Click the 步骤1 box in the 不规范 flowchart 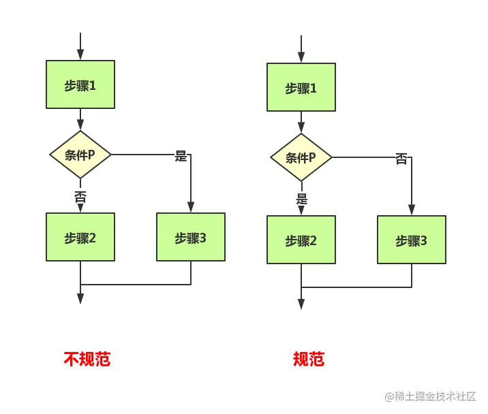coord(80,84)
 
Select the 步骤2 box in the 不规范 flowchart coord(80,237)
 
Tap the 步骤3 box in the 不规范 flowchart coord(191,237)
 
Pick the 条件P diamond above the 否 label coord(80,155)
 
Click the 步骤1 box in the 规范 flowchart coord(301,87)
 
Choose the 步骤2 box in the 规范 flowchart coord(301,240)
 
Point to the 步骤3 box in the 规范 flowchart coord(412,240)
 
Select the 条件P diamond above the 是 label coord(301,157)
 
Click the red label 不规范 coord(87,359)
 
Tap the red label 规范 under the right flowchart coord(308,359)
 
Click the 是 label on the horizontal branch coord(181,156)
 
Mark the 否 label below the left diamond coord(80,197)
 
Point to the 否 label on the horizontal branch coord(401,159)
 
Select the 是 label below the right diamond coord(301,200)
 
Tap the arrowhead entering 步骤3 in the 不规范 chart coord(191,208)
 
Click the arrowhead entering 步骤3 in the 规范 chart coord(412,210)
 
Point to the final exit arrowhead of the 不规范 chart coord(80,298)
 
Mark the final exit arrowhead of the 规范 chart coord(301,304)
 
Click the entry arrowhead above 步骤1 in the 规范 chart coord(301,57)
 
